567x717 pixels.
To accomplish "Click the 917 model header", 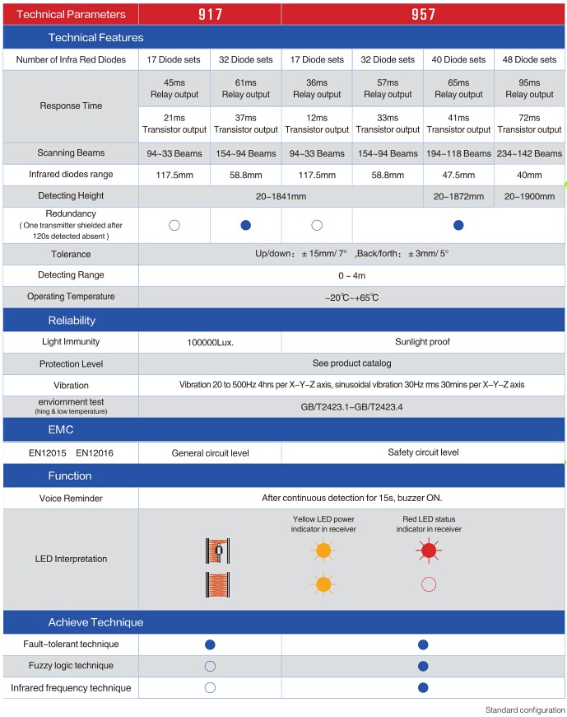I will click(209, 14).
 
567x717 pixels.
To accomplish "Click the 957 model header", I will click(423, 14).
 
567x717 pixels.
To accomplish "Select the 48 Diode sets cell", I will click(530, 59).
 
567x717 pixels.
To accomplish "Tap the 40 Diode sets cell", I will click(458, 59).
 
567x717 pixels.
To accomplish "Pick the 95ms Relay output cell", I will click(530, 88).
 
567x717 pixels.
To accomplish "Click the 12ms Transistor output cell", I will click(317, 124).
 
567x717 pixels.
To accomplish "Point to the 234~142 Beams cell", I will click(530, 153).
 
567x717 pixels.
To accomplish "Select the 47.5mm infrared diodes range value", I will click(458, 175).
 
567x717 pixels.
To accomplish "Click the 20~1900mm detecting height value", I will click(530, 196).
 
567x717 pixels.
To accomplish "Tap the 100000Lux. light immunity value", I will click(210, 341).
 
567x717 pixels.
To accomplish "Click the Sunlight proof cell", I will click(423, 340).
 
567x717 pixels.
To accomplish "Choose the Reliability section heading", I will click(72, 320).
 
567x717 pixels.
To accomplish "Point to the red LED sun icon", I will click(427, 550).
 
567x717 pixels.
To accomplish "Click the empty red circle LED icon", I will click(427, 585).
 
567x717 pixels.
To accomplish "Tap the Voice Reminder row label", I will click(70, 498).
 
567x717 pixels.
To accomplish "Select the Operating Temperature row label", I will click(70, 297).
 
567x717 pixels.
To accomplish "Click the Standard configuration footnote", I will click(524, 709).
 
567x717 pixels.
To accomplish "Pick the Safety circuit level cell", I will click(423, 452).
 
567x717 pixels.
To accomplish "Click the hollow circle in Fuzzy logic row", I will click(210, 665).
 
